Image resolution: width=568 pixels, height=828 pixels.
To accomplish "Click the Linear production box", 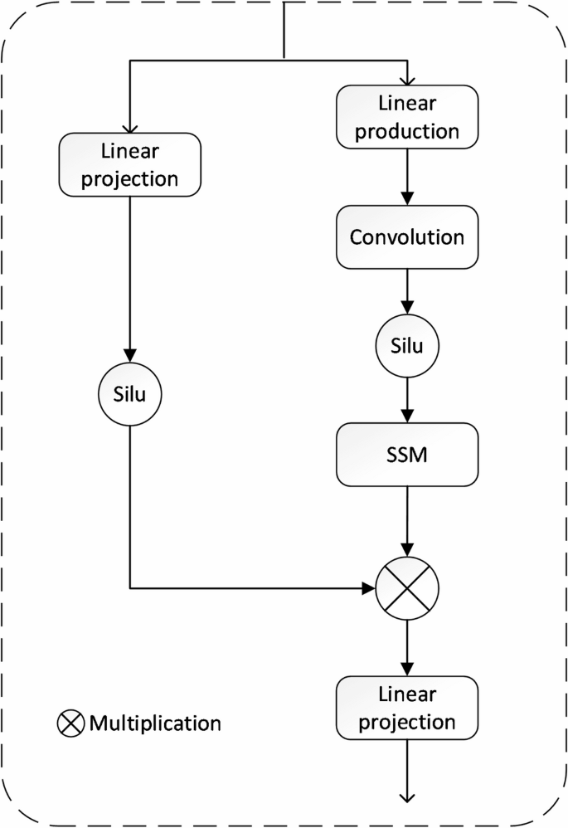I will tap(407, 118).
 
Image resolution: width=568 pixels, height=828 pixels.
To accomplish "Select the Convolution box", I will tap(407, 236).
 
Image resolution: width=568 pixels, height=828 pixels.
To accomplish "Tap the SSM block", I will tap(407, 455).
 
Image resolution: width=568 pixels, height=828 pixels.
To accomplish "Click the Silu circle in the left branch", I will tap(130, 395).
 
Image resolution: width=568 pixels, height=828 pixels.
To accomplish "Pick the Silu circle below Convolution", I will tap(407, 345).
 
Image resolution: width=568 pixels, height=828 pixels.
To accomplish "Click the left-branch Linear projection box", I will tap(130, 166).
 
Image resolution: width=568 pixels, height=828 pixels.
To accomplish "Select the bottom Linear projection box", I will tap(407, 708).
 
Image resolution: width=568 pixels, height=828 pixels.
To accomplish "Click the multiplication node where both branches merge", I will tap(407, 589).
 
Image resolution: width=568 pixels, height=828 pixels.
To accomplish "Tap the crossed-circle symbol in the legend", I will tap(70, 723).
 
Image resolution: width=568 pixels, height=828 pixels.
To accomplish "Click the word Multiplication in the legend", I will tap(155, 723).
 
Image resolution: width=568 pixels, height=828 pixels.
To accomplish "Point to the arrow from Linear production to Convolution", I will tap(407, 178).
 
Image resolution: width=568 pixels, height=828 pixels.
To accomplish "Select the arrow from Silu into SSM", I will tap(407, 398).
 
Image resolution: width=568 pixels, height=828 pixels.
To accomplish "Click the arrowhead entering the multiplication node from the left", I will tap(369, 589).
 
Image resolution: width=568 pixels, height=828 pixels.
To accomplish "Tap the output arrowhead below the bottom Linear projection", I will tap(407, 796).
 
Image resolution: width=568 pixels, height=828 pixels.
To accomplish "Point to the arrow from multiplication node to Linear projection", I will tap(407, 647).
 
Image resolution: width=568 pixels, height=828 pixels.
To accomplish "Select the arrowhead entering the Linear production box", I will tap(407, 80).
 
